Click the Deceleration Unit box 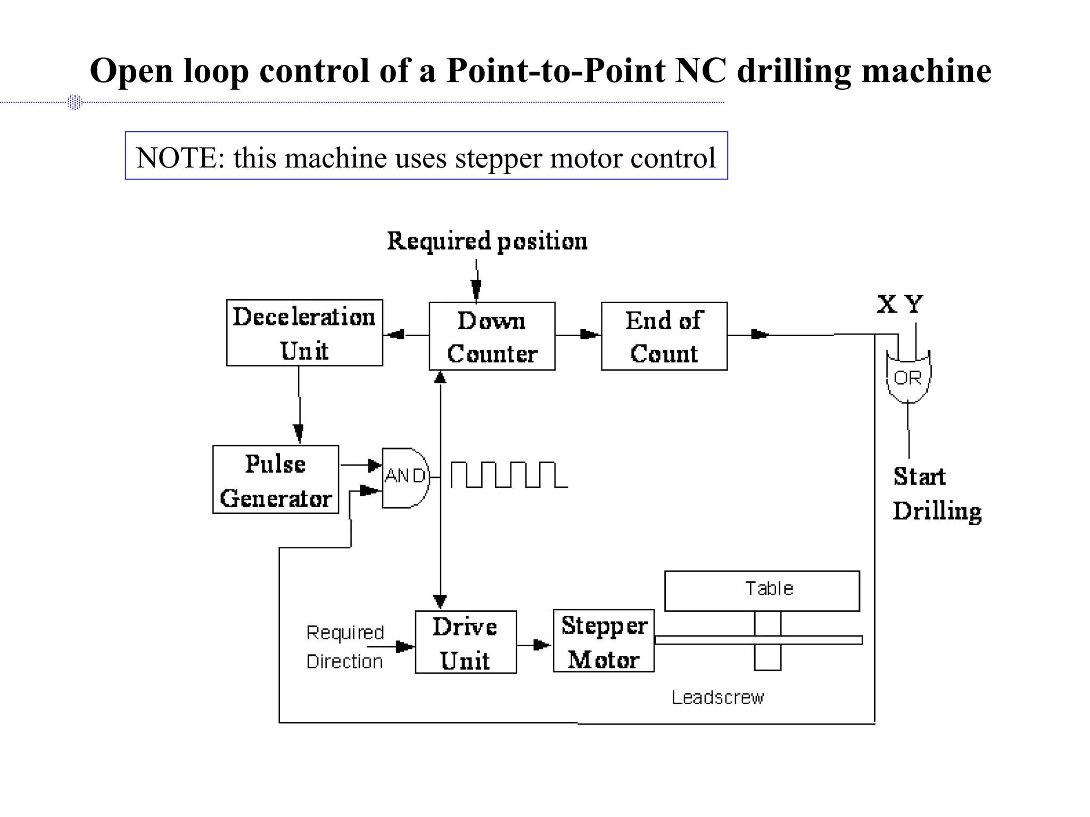(304, 332)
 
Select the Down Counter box (492, 336)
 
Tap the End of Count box (664, 336)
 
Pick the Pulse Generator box (275, 479)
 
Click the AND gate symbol (404, 477)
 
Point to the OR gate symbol (908, 377)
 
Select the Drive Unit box (466, 642)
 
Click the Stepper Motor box (604, 641)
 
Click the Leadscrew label (717, 697)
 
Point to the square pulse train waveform (508, 474)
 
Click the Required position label (487, 241)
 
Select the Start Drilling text (936, 494)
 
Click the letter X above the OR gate (887, 304)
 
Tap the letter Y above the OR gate (914, 304)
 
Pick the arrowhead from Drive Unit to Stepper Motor (542, 645)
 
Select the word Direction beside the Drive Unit (344, 662)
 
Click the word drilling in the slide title (794, 71)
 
